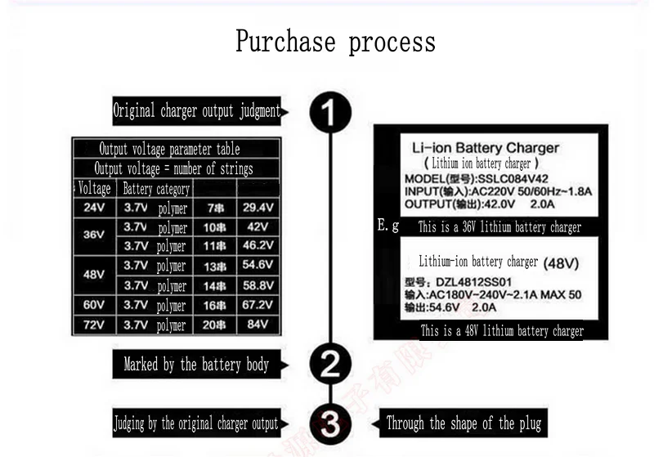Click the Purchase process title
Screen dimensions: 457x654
pyautogui.click(x=335, y=41)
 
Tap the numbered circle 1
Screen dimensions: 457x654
pyautogui.click(x=330, y=112)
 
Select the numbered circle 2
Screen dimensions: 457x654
pyautogui.click(x=330, y=364)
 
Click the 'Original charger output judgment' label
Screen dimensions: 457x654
pyautogui.click(x=196, y=111)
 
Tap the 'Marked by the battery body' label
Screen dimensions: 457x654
pyautogui.click(x=196, y=365)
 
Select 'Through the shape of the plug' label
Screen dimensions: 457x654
pyautogui.click(x=464, y=423)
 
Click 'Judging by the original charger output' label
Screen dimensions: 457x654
pyautogui.click(x=195, y=423)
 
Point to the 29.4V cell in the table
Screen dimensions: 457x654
pyautogui.click(x=258, y=208)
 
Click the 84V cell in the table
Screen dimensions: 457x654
pyautogui.click(x=258, y=325)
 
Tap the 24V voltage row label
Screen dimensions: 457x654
pyautogui.click(x=94, y=208)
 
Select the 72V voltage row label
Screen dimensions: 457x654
pyautogui.click(x=94, y=325)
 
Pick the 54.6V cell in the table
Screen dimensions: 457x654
pyautogui.click(x=258, y=266)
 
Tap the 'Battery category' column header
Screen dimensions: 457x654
pyautogui.click(x=155, y=189)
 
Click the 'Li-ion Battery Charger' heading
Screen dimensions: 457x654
pyautogui.click(x=485, y=148)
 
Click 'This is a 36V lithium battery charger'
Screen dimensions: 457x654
pyautogui.click(x=499, y=227)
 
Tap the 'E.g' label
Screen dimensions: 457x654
pyautogui.click(x=388, y=225)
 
